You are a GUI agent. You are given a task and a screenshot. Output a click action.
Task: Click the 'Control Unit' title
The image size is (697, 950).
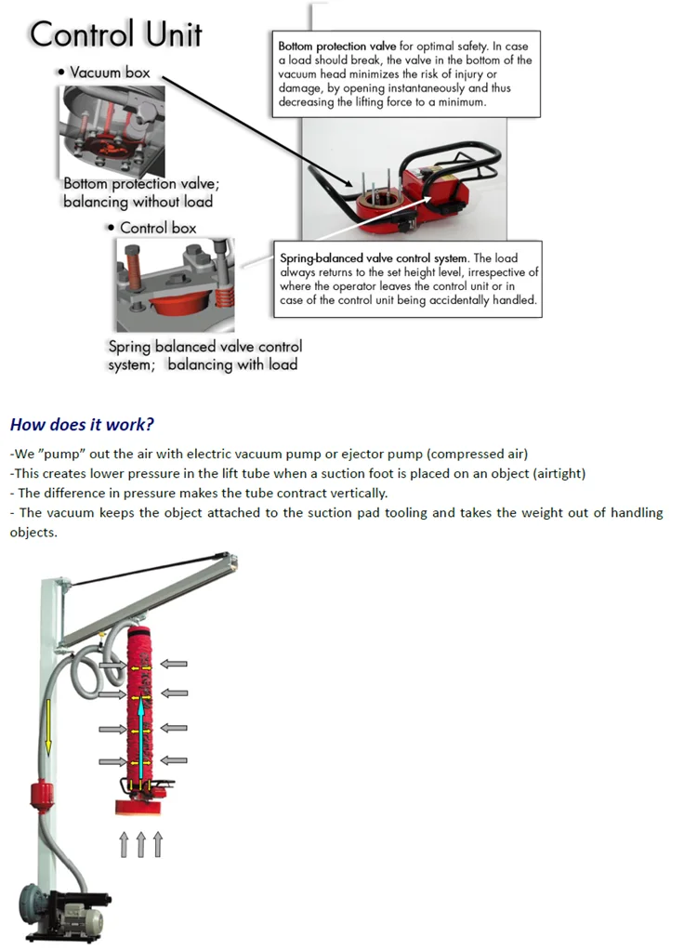click(116, 34)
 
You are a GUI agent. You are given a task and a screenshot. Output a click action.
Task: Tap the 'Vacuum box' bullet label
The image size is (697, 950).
click(110, 72)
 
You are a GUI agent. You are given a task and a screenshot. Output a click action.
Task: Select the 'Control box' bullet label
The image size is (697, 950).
click(158, 228)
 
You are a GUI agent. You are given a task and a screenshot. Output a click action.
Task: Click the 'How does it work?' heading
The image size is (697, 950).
click(82, 425)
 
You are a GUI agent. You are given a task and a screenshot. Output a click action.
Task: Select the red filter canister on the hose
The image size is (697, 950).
click(39, 797)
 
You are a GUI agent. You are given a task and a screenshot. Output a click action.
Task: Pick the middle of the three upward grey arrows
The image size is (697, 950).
click(141, 844)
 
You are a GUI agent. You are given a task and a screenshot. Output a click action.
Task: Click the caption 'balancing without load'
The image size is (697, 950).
click(138, 202)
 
